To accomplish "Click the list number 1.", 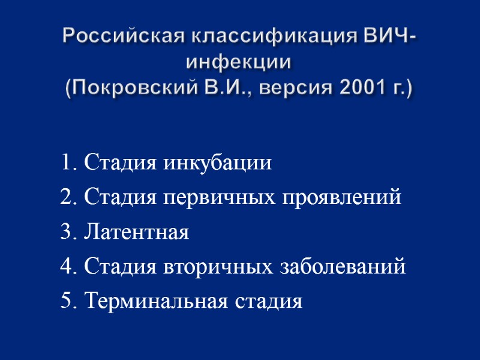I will pos(66,163).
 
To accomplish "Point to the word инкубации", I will pos(220,163).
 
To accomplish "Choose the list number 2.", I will pos(66,197).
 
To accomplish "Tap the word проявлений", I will pos(340,197).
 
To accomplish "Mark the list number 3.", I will pos(66,232).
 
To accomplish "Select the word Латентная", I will pos(137,232).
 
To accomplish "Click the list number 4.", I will pos(66,266).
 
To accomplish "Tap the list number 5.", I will pos(66,301).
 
